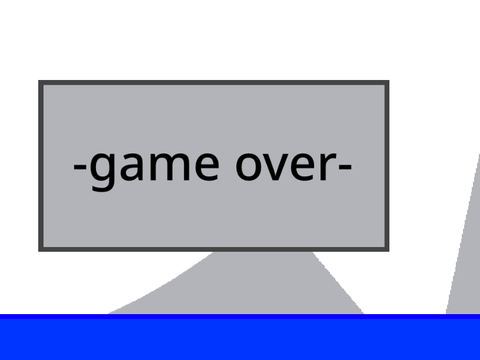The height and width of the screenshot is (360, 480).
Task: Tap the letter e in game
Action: [x=207, y=166]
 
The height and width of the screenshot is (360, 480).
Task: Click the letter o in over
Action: [x=249, y=166]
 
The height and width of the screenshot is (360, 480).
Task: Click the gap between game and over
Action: [x=228, y=166]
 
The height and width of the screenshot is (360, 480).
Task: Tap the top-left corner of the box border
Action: [x=41, y=83]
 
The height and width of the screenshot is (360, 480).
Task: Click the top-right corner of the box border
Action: [x=387, y=83]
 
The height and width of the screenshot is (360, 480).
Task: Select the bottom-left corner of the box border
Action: [x=41, y=249]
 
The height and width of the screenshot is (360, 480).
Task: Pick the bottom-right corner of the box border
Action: [x=387, y=249]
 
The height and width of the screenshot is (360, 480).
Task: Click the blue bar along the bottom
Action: [x=240, y=337]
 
